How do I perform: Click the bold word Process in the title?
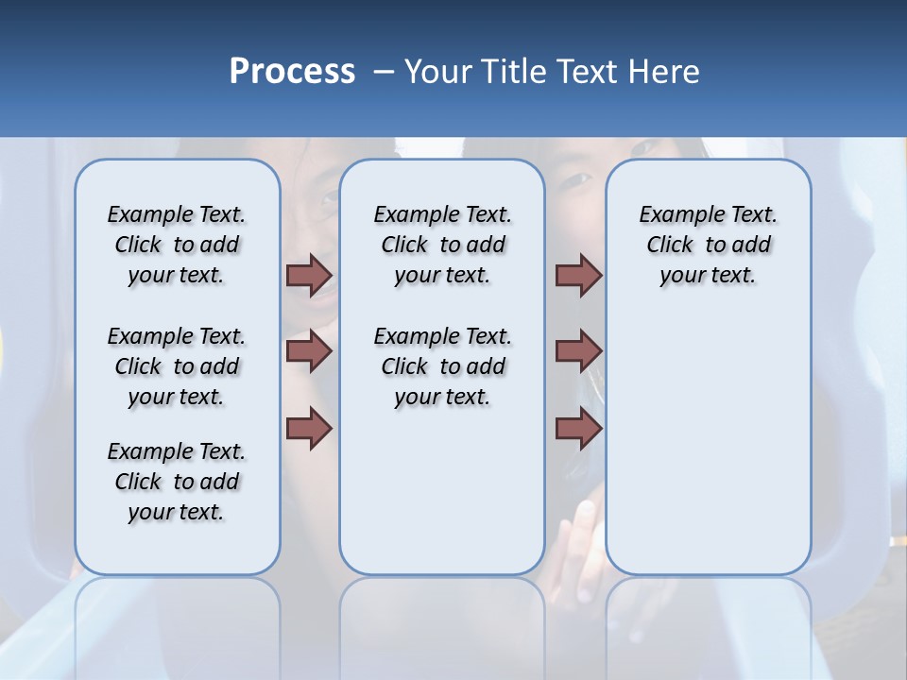tap(292, 72)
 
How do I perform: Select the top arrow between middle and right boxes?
tap(578, 275)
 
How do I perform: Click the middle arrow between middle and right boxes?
tap(578, 351)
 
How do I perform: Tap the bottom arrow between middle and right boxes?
tap(578, 429)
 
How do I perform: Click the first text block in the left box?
tap(177, 245)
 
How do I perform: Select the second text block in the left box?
tap(177, 366)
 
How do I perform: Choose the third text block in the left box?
tap(177, 482)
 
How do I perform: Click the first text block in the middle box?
tap(442, 245)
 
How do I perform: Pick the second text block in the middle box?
tap(442, 366)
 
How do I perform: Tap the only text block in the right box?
tap(708, 245)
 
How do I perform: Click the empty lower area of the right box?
tap(708, 453)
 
